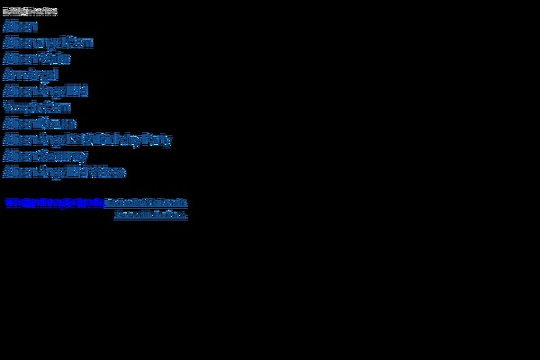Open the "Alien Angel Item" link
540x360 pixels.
pyautogui.click(x=48, y=42)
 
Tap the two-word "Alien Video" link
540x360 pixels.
pyautogui.click(x=37, y=58)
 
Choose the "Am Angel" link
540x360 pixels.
pyautogui.click(x=31, y=75)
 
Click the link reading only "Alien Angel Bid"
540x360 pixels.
pyautogui.click(x=45, y=91)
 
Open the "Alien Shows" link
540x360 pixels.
pyautogui.click(x=40, y=123)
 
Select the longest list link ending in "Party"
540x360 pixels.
pyautogui.click(x=87, y=139)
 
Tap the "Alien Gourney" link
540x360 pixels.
pyautogui.click(x=45, y=156)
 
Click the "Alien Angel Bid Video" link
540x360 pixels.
pyautogui.click(x=64, y=172)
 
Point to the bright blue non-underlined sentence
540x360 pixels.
pyautogui.click(x=54, y=202)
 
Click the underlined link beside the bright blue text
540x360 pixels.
pyautogui.click(x=146, y=202)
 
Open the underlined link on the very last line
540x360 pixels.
pyautogui.click(x=150, y=216)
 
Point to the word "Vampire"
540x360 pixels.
pyautogui.click(x=23, y=107)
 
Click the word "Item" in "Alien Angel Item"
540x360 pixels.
pyautogui.click(x=79, y=42)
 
